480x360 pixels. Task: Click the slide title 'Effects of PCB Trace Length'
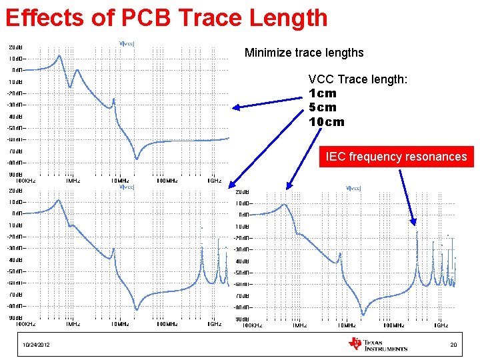tap(166, 18)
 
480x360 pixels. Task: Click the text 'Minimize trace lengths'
tap(304, 52)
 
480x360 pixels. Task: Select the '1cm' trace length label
tap(323, 93)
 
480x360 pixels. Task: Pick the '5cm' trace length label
tap(323, 107)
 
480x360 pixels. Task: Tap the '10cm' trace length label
tap(327, 122)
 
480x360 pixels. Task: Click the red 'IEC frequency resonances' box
tap(396, 157)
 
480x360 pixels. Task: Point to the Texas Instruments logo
tap(377, 344)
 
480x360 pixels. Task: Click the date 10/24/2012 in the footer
tap(36, 345)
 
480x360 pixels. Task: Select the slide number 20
tap(453, 345)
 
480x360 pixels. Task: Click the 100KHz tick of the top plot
tap(26, 180)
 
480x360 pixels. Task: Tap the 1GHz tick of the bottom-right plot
tap(441, 325)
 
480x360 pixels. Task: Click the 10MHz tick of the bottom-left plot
tap(120, 324)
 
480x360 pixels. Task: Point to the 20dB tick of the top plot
tap(17, 47)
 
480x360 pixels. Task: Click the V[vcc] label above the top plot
tap(127, 44)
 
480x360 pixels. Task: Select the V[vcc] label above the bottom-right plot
tap(353, 188)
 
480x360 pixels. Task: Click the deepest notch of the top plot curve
tap(137, 158)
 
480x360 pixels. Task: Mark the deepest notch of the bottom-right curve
tap(363, 314)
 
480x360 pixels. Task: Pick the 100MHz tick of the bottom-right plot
tap(393, 325)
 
